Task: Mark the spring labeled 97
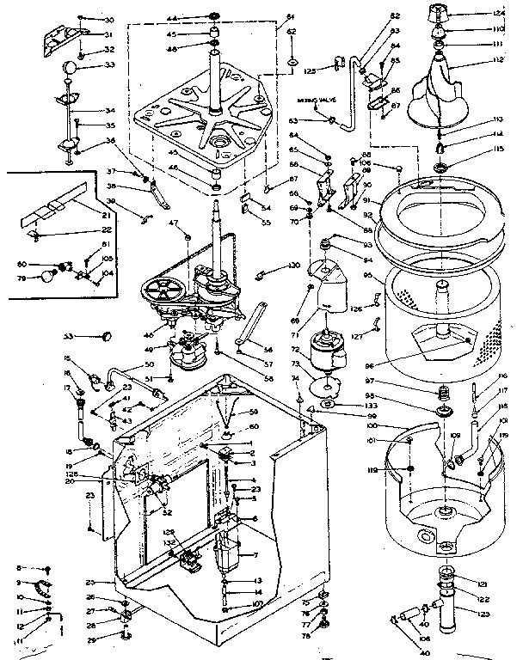pos(445,394)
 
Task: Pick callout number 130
pos(294,266)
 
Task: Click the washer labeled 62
pos(292,62)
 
